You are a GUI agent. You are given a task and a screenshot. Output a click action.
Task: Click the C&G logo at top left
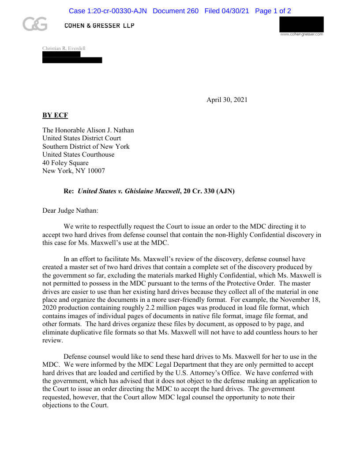pyautogui.click(x=35, y=25)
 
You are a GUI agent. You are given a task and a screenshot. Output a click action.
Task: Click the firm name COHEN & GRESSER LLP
pyautogui.click(x=99, y=26)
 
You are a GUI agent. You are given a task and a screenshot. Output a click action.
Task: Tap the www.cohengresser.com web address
pyautogui.click(x=301, y=34)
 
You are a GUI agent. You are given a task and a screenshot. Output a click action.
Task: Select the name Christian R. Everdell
pyautogui.click(x=64, y=48)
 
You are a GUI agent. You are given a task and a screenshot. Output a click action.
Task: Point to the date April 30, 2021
pyautogui.click(x=227, y=100)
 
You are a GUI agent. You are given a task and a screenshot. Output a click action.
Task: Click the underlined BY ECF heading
pyautogui.click(x=55, y=115)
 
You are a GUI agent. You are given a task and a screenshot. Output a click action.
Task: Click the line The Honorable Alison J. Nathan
pyautogui.click(x=88, y=130)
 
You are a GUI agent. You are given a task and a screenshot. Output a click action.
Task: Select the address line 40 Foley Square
pyautogui.click(x=65, y=163)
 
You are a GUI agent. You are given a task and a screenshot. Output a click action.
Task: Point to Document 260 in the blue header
pyautogui.click(x=176, y=11)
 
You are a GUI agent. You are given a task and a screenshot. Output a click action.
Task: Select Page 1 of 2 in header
pyautogui.click(x=273, y=11)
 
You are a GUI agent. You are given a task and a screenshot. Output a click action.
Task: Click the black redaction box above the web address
pyautogui.click(x=301, y=24)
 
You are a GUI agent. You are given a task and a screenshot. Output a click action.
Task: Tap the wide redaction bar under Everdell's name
pyautogui.click(x=72, y=60)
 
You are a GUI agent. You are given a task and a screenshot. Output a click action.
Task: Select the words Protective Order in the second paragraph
pyautogui.click(x=250, y=283)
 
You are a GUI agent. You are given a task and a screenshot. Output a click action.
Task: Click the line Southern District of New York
pyautogui.click(x=86, y=147)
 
